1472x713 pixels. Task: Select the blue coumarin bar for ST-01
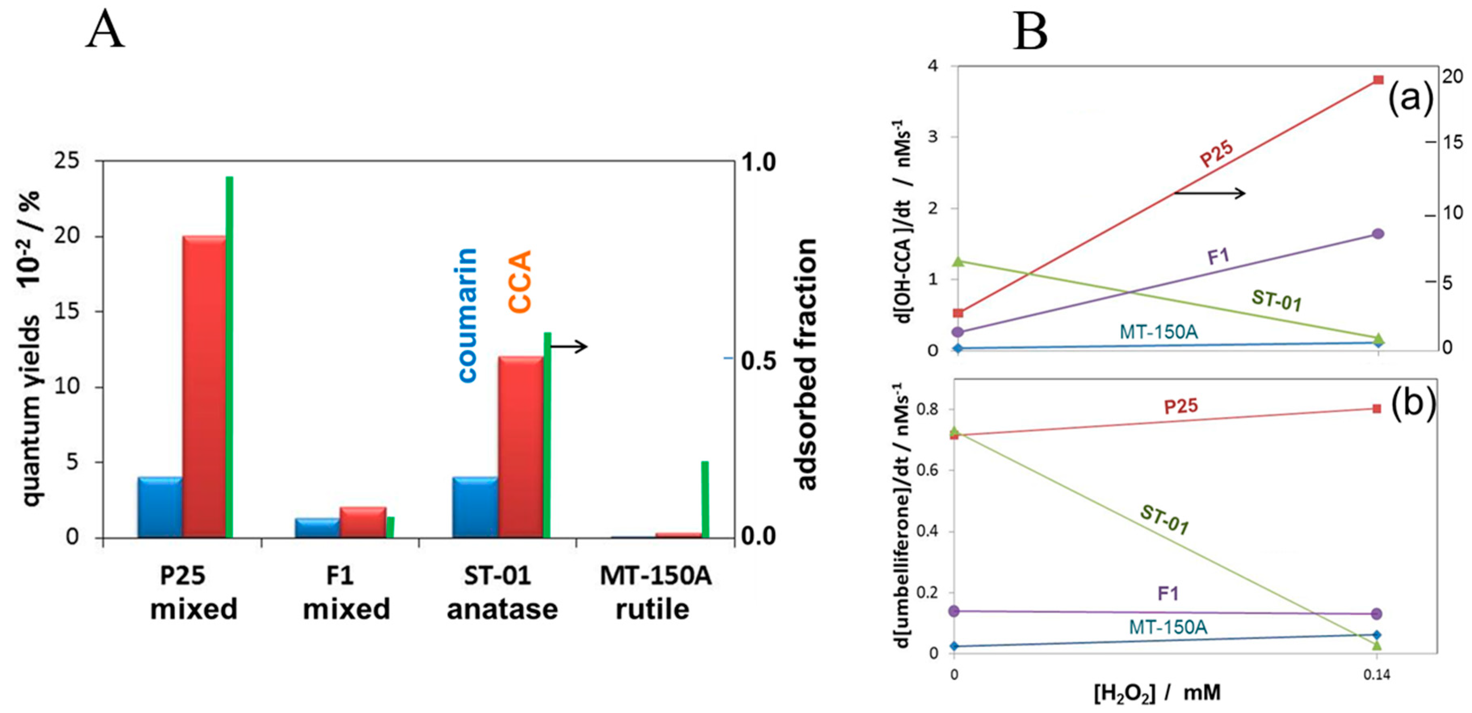(x=475, y=507)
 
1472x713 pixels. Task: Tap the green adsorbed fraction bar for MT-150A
(x=705, y=499)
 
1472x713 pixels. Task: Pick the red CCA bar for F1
(x=363, y=522)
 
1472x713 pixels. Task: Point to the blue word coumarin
(x=467, y=315)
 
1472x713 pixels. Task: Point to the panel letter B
(x=1030, y=31)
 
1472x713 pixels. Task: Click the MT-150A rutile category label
(x=655, y=592)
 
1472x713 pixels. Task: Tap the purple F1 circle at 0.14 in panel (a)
(x=1378, y=233)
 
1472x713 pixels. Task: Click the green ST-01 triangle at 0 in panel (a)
(x=958, y=261)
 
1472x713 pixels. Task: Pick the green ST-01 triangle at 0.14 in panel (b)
(x=1377, y=645)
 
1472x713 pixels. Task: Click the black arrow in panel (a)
(x=1209, y=193)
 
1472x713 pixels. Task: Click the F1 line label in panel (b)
(x=1168, y=594)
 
